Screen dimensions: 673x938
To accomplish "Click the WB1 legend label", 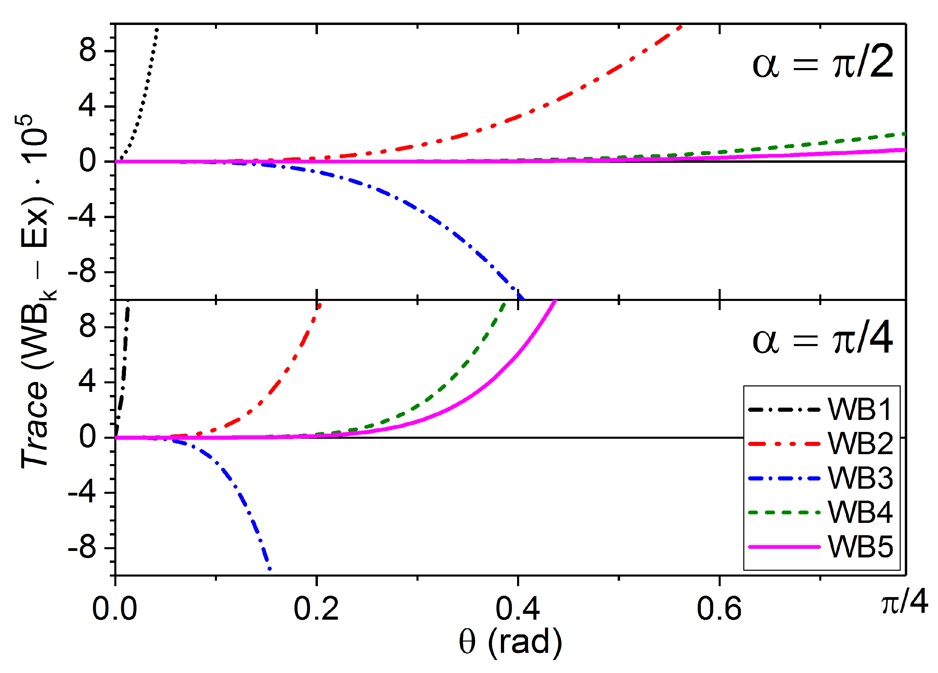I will click(x=860, y=410).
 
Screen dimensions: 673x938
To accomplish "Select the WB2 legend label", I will click(x=860, y=444).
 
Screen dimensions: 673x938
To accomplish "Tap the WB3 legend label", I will click(x=860, y=478).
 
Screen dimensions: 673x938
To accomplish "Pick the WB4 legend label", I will click(x=860, y=513).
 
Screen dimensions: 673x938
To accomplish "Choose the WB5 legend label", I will click(x=860, y=547).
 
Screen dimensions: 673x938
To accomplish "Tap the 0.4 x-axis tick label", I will click(x=517, y=609).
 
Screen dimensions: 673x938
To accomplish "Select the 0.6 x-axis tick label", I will click(x=719, y=609).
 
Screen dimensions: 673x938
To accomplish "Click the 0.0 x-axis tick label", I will click(x=115, y=609).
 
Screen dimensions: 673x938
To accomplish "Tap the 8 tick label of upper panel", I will click(x=88, y=51).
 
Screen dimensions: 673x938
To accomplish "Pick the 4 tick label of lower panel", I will click(x=88, y=382).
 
